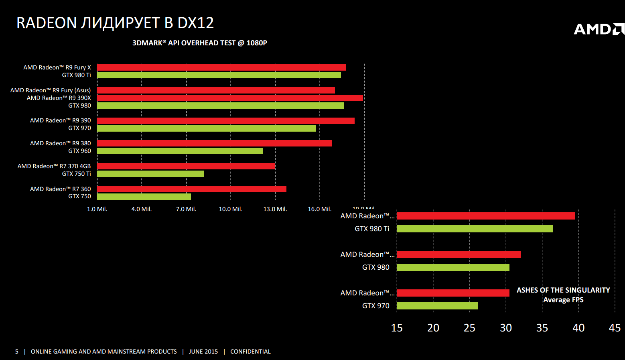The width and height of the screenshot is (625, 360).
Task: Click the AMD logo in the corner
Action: point(599,29)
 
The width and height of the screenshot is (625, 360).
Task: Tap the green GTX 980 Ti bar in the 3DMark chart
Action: point(219,75)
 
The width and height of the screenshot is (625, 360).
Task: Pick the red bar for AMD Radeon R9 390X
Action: point(230,98)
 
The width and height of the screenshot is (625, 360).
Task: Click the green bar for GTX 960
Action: point(180,151)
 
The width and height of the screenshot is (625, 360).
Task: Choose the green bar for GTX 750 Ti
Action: point(150,174)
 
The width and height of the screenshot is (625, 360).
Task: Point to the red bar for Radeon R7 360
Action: point(192,189)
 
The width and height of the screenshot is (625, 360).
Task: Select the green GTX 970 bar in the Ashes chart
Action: point(437,306)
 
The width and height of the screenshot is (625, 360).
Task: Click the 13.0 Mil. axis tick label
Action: point(275,209)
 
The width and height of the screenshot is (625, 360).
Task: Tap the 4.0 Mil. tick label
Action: point(142,209)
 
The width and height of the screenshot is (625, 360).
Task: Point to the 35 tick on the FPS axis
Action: point(542,328)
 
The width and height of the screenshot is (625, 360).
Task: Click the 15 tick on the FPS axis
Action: point(397,328)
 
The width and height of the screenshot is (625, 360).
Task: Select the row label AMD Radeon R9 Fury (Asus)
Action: point(51,90)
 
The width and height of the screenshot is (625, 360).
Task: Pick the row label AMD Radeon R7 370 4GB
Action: point(54,166)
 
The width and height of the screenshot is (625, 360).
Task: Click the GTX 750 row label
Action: point(79,196)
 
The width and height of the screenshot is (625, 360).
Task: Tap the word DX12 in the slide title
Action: point(196,23)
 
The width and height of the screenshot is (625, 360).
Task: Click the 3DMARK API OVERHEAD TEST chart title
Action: point(200,43)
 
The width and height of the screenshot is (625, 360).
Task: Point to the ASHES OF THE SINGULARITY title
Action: point(563,290)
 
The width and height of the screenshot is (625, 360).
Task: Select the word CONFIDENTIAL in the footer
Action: point(250,352)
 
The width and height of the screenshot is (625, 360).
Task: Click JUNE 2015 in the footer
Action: point(203,352)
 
